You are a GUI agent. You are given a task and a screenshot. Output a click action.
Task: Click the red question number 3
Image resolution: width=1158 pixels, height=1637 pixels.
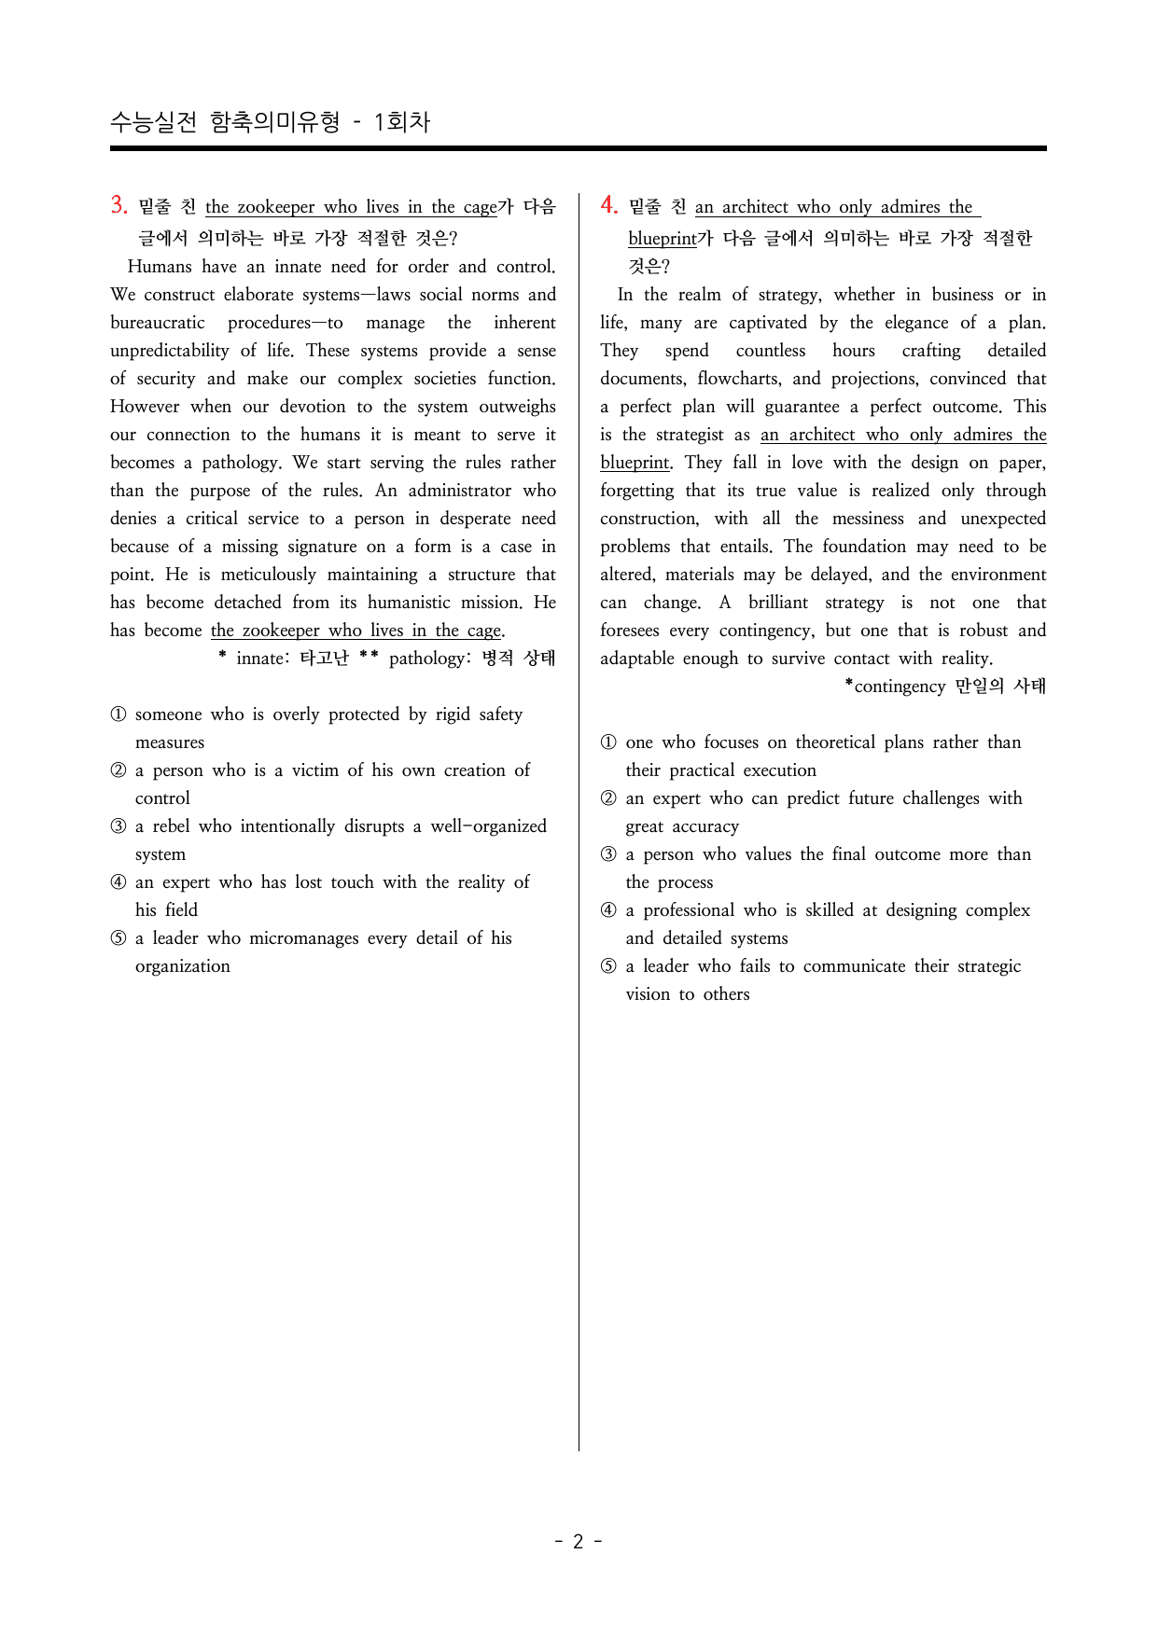click(x=119, y=205)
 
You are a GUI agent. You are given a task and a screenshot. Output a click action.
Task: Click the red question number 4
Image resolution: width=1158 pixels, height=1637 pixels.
click(x=608, y=205)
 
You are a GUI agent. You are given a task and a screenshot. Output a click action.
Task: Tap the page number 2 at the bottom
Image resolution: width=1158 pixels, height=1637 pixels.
click(x=578, y=1541)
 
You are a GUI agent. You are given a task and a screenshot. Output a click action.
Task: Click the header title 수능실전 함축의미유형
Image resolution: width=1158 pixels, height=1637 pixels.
click(x=225, y=122)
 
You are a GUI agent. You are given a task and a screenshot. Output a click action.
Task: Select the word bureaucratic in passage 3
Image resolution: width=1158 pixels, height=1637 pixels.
click(x=158, y=323)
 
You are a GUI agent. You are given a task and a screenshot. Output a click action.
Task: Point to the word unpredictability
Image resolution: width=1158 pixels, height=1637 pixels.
click(x=169, y=351)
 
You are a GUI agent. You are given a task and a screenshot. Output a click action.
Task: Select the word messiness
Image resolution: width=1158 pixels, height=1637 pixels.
click(x=859, y=519)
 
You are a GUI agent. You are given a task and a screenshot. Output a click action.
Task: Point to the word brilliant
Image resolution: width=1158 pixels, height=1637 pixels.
click(x=778, y=603)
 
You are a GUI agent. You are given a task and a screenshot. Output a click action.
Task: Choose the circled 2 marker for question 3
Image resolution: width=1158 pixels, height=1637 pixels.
click(x=119, y=770)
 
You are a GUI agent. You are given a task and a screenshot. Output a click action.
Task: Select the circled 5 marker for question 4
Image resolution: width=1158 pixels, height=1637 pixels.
click(x=608, y=966)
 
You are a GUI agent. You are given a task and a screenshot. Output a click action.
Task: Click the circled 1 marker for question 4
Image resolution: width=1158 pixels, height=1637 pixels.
click(x=608, y=742)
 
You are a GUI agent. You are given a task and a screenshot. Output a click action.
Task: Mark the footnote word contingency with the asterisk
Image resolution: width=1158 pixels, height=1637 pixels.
click(x=900, y=687)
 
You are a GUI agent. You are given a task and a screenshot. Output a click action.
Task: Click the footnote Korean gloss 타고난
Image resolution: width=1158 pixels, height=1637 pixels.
click(x=324, y=659)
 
